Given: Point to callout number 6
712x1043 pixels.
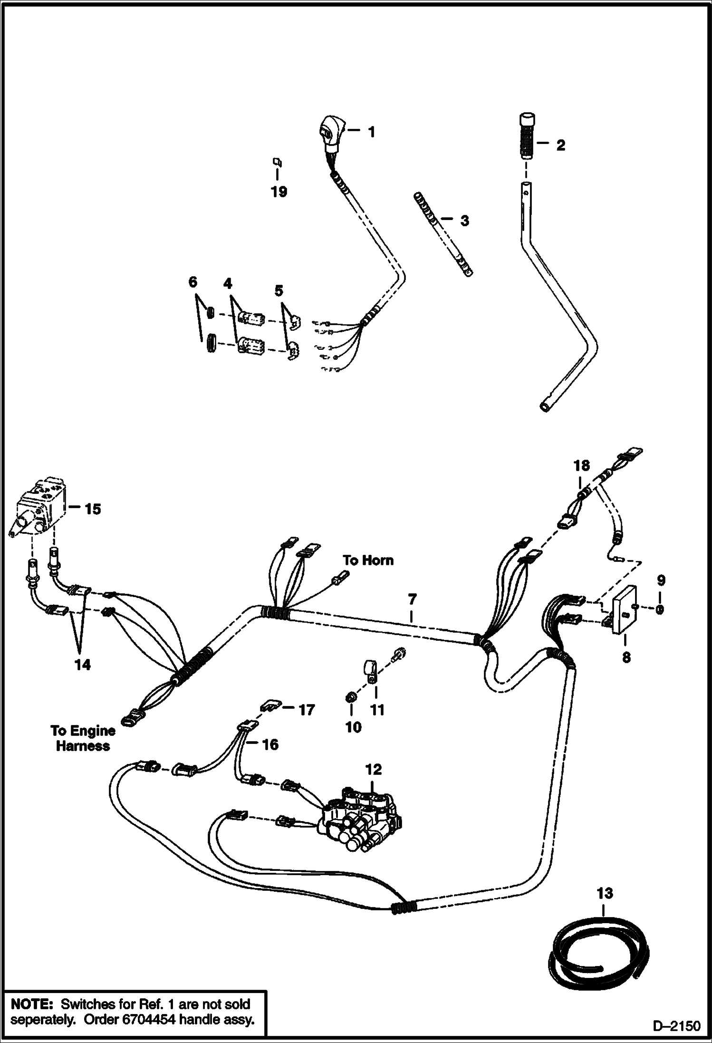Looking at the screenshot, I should [192, 282].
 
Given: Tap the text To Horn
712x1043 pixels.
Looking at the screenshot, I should [368, 560].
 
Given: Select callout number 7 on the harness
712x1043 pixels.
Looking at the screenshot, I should [412, 599].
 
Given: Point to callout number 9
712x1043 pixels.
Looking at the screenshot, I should [661, 580].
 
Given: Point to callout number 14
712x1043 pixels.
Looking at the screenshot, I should [82, 665].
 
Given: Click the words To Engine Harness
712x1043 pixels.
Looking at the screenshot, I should [83, 738].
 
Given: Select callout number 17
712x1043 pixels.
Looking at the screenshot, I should [307, 710].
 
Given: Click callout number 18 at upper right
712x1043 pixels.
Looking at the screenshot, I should [582, 465].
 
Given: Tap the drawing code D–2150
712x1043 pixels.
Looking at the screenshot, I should [676, 1026].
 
